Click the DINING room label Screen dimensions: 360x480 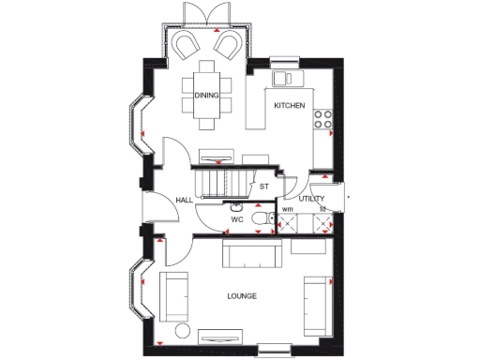[x=206, y=96]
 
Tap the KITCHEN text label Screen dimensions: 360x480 [x=289, y=107]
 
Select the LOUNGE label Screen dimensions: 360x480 [x=242, y=296]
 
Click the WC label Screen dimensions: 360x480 [x=237, y=221]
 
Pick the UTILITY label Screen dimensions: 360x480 [x=311, y=199]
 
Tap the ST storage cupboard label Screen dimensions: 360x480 [x=264, y=187]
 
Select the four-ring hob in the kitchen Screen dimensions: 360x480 [x=323, y=119]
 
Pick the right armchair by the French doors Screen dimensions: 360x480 [x=227, y=44]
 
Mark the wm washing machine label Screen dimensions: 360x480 [x=287, y=209]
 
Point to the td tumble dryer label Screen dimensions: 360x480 [x=322, y=209]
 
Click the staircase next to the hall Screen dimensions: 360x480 [x=223, y=181]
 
